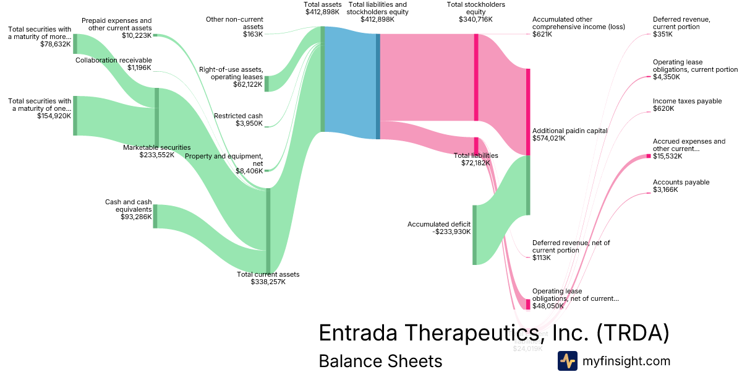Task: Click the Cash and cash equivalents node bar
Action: click(155, 216)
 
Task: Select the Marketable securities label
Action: click(156, 147)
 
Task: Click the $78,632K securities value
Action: click(55, 45)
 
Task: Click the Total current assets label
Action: click(268, 274)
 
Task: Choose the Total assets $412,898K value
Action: click(322, 12)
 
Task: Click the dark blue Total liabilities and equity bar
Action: click(378, 86)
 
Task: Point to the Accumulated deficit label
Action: click(439, 224)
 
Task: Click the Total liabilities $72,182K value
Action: click(475, 163)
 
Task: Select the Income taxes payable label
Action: click(687, 101)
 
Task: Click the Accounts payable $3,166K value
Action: click(665, 189)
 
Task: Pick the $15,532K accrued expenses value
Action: click(667, 156)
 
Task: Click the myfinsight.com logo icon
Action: click(567, 360)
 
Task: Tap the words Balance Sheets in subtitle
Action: click(380, 361)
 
